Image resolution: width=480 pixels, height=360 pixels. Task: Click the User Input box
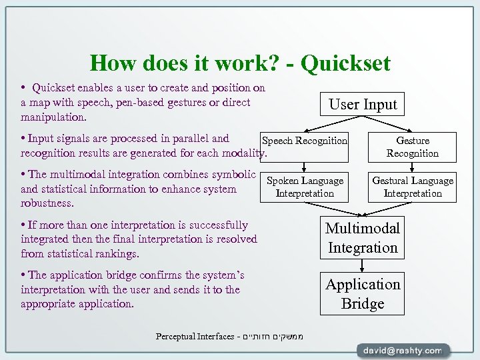363,105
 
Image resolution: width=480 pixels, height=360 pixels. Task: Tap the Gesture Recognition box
413,147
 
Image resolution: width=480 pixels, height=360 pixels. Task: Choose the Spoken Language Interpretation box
305,187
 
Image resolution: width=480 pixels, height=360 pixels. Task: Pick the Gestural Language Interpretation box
413,187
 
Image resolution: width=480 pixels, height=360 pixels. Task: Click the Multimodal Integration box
363,238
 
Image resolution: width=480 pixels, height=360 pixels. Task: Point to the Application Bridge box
363,294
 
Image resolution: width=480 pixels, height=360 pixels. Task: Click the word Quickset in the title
345,63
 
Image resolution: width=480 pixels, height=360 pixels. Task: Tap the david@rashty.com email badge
403,350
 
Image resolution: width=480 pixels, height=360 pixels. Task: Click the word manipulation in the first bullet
53,117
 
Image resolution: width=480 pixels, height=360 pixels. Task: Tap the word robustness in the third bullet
47,203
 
